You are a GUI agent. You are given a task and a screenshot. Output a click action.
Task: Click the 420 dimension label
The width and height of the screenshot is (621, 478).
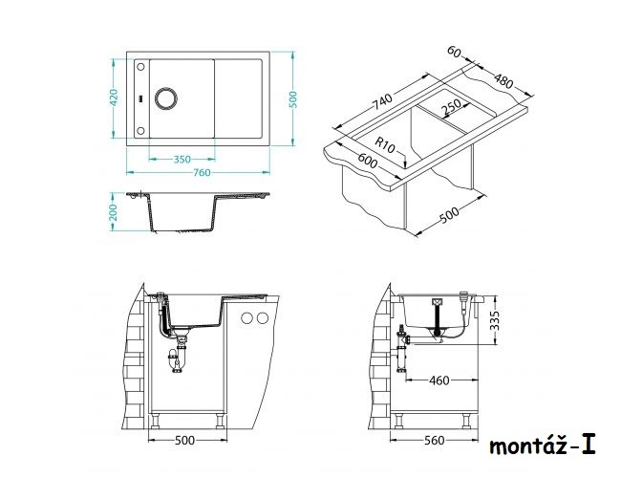tap(114, 98)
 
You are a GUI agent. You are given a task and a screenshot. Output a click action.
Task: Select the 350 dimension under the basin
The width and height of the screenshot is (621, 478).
tap(182, 160)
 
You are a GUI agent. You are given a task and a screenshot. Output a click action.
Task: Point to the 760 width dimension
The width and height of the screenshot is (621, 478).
tap(202, 172)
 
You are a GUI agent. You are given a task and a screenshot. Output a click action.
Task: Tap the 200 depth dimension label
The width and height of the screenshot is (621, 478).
tap(114, 212)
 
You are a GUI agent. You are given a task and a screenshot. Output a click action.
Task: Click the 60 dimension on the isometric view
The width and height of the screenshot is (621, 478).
tap(454, 52)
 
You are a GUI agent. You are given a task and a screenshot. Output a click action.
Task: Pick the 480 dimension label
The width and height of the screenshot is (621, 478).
tap(503, 81)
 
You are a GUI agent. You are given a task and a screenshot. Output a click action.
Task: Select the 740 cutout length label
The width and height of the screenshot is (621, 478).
tap(382, 101)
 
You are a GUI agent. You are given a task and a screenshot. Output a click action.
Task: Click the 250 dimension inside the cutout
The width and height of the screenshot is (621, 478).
tap(451, 107)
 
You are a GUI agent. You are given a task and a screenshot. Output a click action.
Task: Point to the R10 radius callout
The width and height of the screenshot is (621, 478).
tap(385, 144)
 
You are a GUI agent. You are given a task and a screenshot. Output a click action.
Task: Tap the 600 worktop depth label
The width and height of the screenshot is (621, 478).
tap(368, 160)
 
